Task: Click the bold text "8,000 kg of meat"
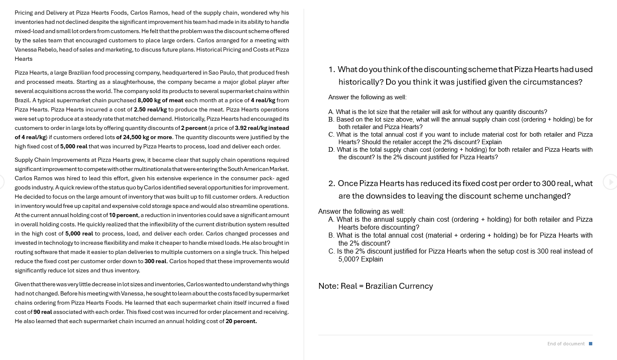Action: coord(160,100)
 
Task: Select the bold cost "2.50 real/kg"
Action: coord(150,109)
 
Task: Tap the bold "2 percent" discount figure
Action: coord(194,128)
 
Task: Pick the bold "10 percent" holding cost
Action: coord(124,215)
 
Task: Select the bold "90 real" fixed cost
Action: coord(43,312)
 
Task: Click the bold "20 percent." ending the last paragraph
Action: coord(241,321)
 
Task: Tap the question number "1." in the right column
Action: coord(332,69)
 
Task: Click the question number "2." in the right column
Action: coord(332,183)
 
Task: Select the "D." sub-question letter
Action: coord(331,150)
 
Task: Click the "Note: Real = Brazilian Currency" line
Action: coord(375,286)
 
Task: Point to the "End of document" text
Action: coord(565,344)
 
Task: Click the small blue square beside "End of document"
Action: coord(591,344)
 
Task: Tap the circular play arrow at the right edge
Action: coord(610,182)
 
